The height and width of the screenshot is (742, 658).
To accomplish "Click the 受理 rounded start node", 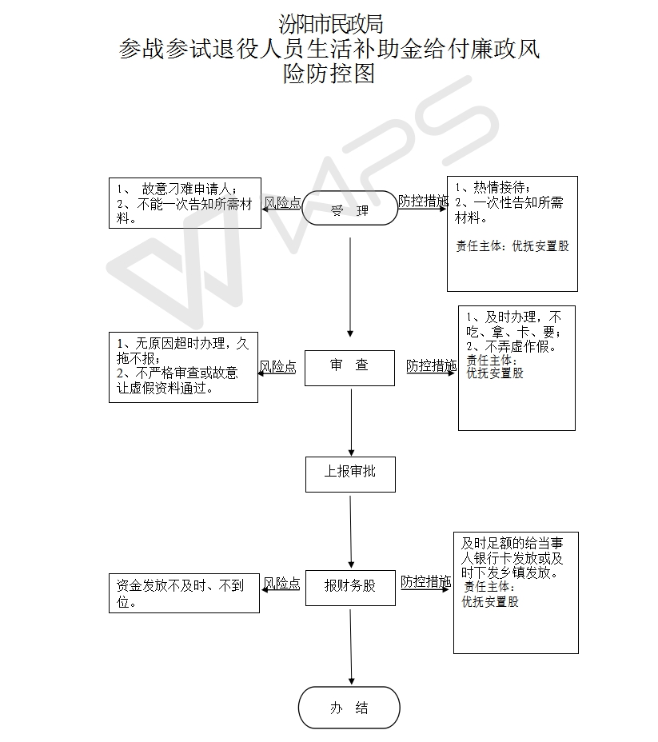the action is pos(349,208).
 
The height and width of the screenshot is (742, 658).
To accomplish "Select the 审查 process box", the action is pos(349,368).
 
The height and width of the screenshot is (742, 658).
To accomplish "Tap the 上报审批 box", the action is pos(350,474).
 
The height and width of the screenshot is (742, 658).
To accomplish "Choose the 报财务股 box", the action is pos(350,588).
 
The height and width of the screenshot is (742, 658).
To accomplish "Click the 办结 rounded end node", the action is pos(349,708).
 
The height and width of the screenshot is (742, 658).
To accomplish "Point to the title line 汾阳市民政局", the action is pos(330,24).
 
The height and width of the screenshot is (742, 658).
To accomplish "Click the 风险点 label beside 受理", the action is pos(282,202).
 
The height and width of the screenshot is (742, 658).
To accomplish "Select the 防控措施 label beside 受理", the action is pos(423,201).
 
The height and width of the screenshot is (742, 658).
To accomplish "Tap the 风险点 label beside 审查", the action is pos(277,366).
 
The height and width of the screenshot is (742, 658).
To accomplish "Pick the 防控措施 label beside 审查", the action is pos(432,365).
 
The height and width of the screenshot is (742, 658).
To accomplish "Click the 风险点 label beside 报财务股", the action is pos(281,583).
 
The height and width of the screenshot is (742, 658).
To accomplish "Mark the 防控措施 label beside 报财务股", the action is pos(425,581).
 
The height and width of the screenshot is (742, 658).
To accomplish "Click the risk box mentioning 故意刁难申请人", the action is pos(185,203).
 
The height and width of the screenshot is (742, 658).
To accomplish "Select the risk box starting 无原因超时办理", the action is pos(184,367).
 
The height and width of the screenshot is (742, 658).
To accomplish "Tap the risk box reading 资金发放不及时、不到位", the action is pos(184,593).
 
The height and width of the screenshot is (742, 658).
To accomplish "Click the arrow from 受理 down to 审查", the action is pos(350,287).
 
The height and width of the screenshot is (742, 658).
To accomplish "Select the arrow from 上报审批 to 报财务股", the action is pos(350,532).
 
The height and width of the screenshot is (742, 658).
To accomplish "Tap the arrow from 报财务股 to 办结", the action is pos(351,647).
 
